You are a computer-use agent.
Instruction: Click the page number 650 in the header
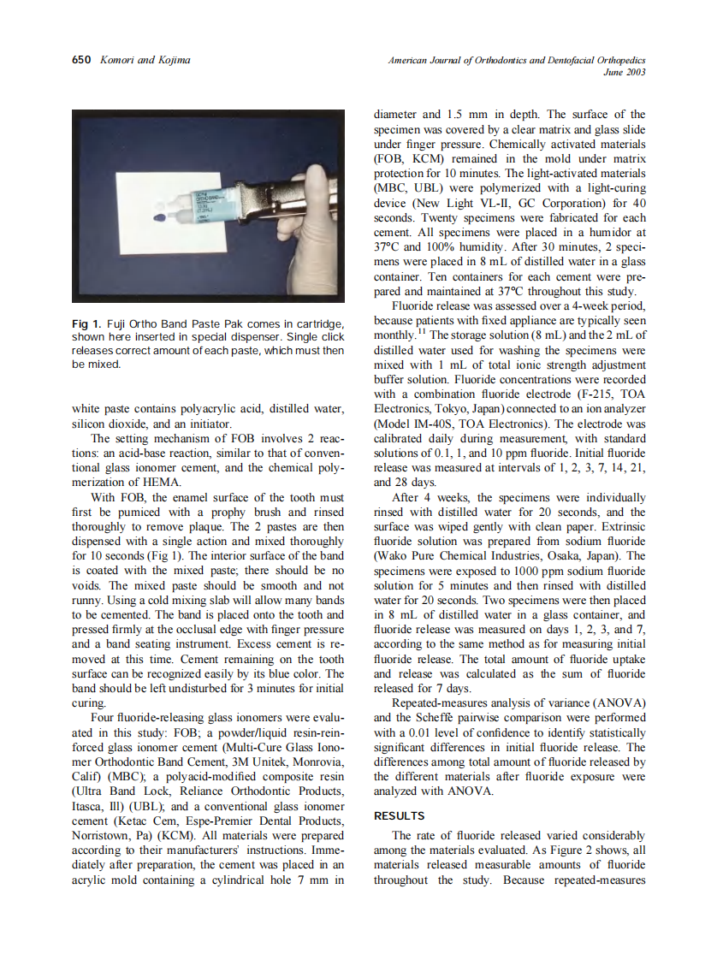click(81, 60)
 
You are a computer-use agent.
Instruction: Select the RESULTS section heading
click(400, 816)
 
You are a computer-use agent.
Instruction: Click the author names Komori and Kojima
click(145, 60)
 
